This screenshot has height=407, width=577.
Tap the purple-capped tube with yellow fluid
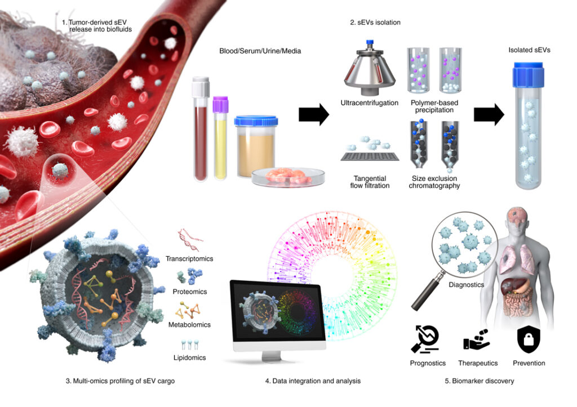tap(220, 138)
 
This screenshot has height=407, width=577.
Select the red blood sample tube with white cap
tap(201, 129)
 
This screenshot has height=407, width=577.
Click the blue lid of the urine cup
tap(256, 121)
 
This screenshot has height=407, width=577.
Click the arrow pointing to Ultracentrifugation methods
tap(313, 115)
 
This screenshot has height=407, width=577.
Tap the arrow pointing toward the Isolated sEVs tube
tap(489, 115)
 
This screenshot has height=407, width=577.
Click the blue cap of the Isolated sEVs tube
tap(529, 75)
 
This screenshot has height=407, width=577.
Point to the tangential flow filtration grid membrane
tap(370, 156)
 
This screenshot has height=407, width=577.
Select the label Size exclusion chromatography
tap(434, 182)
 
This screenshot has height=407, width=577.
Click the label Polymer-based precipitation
tap(434, 106)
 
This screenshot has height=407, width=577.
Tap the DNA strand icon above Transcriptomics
tap(189, 239)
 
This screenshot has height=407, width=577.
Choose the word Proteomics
tap(190, 292)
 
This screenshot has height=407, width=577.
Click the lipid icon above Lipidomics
tap(190, 345)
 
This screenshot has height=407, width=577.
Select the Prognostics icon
tap(425, 339)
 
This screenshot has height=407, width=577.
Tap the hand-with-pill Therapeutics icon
tap(476, 339)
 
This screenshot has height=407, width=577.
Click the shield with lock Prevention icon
tap(529, 339)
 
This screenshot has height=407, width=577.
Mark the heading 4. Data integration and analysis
tap(313, 381)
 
